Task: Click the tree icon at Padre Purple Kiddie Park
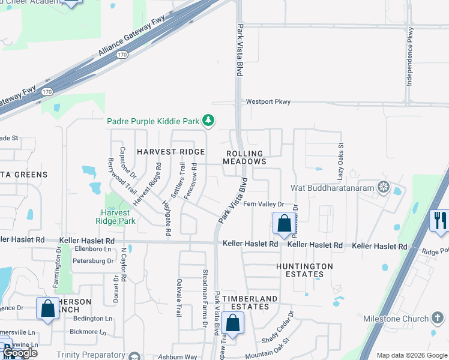point(208,121)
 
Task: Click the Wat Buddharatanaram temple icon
point(383,187)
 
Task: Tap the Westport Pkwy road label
point(268,102)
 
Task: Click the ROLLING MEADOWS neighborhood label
point(244,157)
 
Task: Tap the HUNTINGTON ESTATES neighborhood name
point(304,270)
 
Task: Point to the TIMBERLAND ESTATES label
point(250,302)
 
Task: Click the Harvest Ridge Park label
point(118,217)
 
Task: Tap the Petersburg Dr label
point(93,261)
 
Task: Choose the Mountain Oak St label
point(267,349)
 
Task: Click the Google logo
point(20,353)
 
